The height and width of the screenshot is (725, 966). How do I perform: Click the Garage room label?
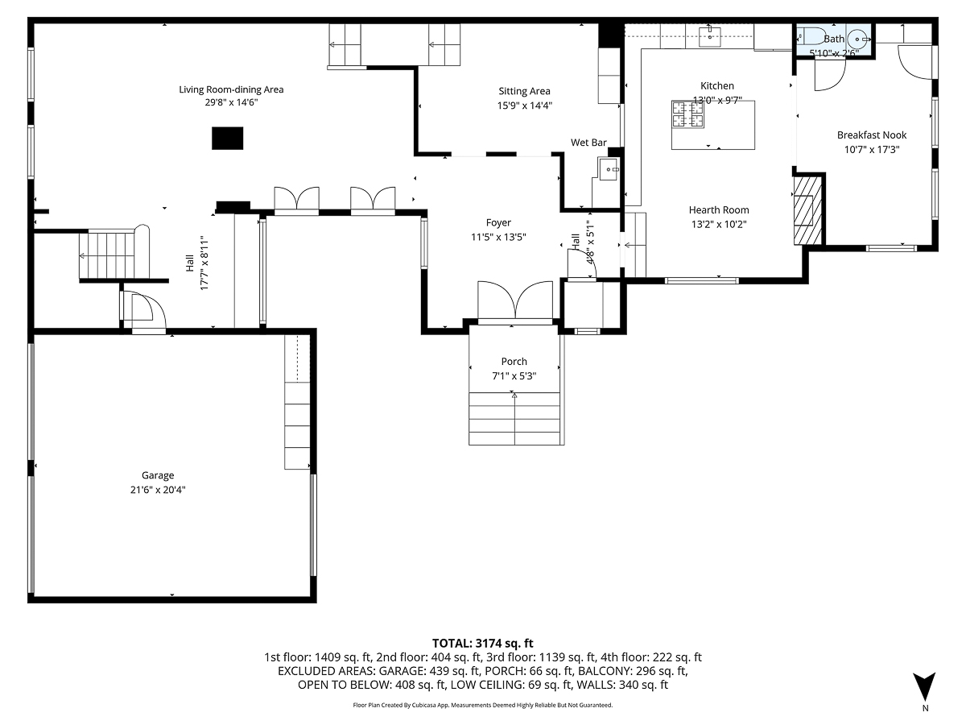[158, 475]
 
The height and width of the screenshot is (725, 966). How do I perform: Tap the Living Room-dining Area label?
[231, 89]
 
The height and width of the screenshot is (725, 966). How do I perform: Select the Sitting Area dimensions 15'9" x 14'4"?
[525, 105]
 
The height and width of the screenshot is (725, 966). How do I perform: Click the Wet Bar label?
[588, 143]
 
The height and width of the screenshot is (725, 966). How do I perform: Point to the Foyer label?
[498, 222]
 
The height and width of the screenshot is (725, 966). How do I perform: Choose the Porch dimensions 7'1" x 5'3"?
[514, 375]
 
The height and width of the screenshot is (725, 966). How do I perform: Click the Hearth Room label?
[719, 210]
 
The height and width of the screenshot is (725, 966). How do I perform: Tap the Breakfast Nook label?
[872, 135]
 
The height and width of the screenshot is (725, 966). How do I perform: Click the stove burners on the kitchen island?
[688, 114]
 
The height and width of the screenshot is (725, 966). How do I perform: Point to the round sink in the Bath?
[860, 38]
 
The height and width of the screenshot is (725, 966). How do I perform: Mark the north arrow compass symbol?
[925, 686]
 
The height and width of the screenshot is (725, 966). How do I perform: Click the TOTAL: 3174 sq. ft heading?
[483, 643]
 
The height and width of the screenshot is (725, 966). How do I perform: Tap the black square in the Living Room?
[227, 138]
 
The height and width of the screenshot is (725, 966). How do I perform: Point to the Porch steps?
[514, 418]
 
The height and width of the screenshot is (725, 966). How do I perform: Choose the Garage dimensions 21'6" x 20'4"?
[158, 489]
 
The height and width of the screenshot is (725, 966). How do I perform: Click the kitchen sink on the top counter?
[709, 36]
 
